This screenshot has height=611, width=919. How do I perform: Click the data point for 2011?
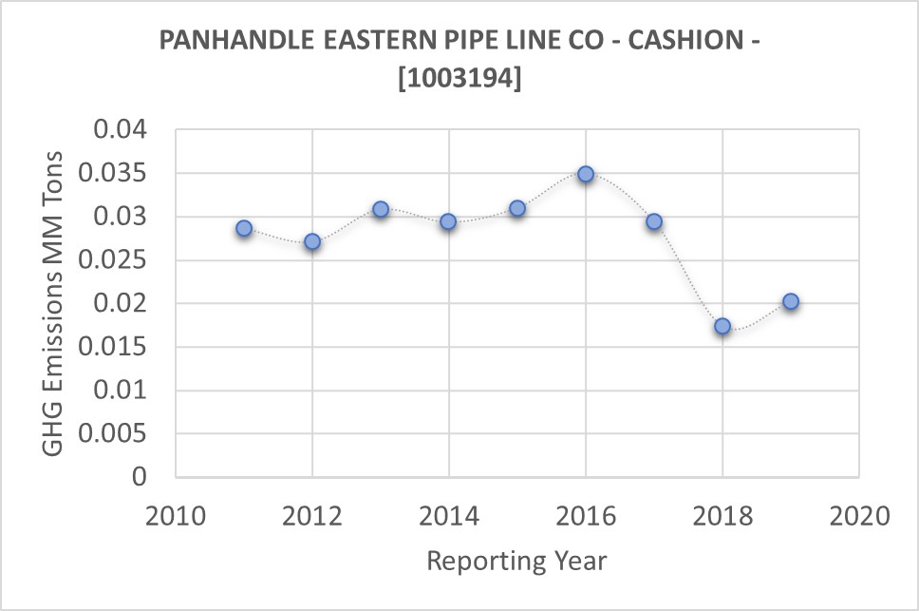244,228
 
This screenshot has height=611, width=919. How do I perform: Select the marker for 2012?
312,241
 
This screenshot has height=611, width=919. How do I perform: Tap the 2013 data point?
381,209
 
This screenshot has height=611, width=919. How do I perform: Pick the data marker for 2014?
448,221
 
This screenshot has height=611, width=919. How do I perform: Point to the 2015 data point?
517,208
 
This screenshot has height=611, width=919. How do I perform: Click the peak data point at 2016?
586,174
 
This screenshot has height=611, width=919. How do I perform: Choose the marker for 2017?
654,221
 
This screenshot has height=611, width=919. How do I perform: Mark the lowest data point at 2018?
722,326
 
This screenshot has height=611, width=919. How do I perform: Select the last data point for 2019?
791,302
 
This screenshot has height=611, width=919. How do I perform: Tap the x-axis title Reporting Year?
516,561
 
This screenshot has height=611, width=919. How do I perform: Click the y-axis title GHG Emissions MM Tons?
55,303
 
